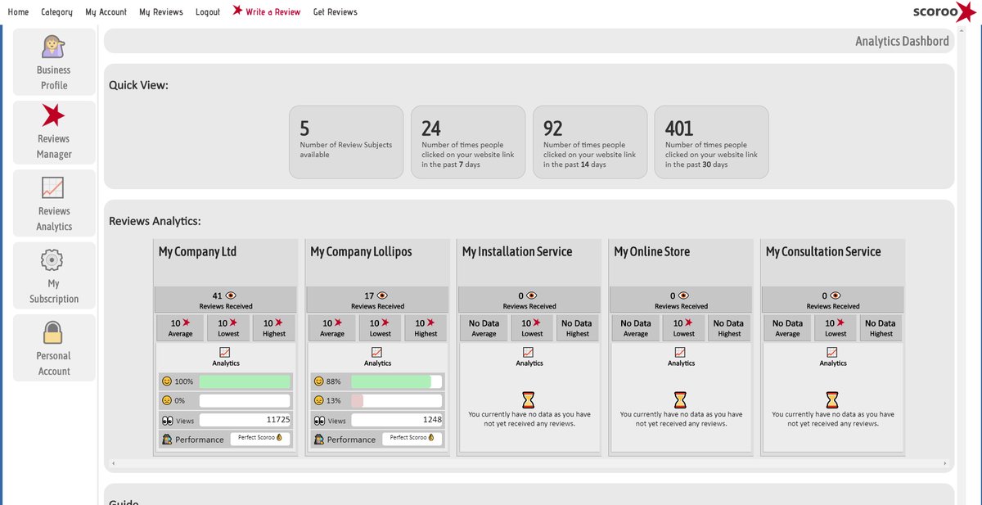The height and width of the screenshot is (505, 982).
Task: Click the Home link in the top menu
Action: click(x=18, y=12)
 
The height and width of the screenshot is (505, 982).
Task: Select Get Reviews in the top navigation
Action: click(x=335, y=12)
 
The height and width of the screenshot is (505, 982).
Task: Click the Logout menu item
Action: click(x=208, y=12)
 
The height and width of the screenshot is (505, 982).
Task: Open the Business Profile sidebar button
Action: click(x=54, y=63)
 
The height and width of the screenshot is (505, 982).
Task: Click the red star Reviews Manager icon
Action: click(x=53, y=115)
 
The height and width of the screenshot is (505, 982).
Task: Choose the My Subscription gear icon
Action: click(x=52, y=260)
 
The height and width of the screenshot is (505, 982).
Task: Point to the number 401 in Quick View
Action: click(x=679, y=129)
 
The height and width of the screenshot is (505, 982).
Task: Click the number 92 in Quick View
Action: click(x=553, y=129)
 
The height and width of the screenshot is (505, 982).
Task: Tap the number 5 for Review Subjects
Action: click(x=304, y=129)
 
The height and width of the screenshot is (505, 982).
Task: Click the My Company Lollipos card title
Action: click(x=361, y=252)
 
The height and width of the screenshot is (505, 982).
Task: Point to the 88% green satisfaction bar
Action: click(x=390, y=381)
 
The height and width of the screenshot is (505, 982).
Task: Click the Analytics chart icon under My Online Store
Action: click(x=681, y=352)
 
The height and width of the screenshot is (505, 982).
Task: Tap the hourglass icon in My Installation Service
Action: click(x=529, y=399)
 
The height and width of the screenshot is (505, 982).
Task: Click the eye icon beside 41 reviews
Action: click(x=230, y=295)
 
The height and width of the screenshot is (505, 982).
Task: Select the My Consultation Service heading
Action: click(x=823, y=252)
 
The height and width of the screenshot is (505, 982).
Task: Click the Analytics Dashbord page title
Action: click(x=902, y=41)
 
